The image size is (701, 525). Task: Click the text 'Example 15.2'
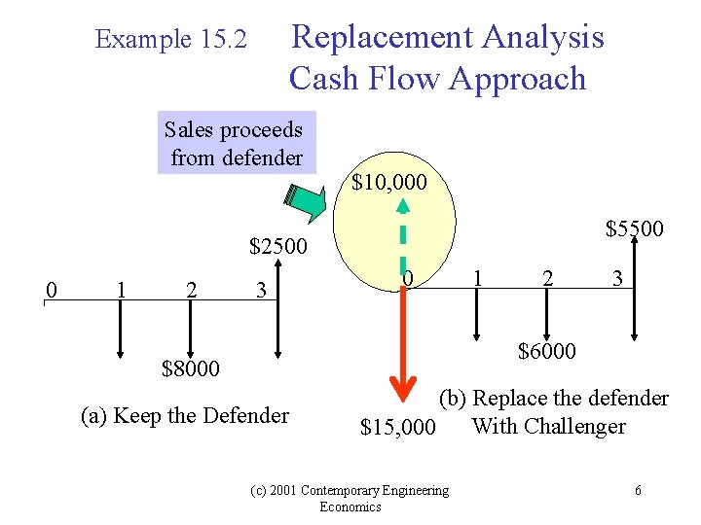click(x=171, y=40)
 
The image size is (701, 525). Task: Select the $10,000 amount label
click(x=388, y=182)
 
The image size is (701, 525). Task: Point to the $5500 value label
click(x=634, y=228)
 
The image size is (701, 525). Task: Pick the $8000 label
click(x=191, y=368)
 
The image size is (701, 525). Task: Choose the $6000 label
click(x=546, y=351)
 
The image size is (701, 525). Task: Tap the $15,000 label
click(x=397, y=427)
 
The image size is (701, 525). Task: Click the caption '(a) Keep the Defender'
click(x=185, y=416)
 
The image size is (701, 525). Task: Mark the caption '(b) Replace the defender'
click(x=553, y=399)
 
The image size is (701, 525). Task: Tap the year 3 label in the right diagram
click(x=617, y=279)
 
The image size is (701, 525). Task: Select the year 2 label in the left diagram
click(x=192, y=290)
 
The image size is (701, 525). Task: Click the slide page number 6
click(x=638, y=490)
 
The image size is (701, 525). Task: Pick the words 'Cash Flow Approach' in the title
click(x=437, y=79)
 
